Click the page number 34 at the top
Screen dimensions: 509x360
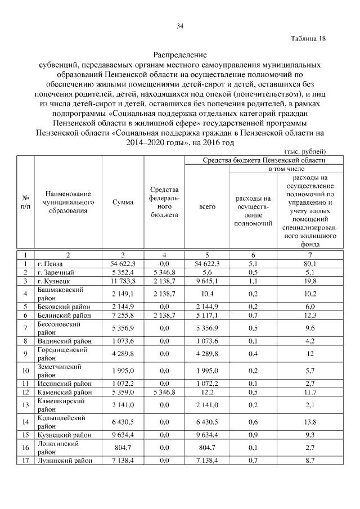pyautogui.click(x=180, y=25)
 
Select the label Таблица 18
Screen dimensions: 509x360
pyautogui.click(x=308, y=39)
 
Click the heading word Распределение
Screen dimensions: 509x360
pyautogui.click(x=180, y=56)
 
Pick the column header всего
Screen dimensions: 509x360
pyautogui.click(x=207, y=207)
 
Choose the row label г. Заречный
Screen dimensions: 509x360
pyautogui.click(x=55, y=272)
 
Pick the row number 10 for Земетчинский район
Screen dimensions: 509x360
pyautogui.click(x=25, y=371)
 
